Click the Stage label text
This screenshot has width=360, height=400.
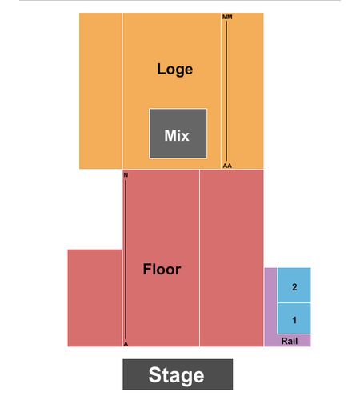pyautogui.click(x=176, y=375)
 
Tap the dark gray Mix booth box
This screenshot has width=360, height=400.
pyautogui.click(x=178, y=134)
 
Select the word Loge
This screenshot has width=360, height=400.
pyautogui.click(x=174, y=70)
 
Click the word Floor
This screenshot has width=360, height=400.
pyautogui.click(x=162, y=269)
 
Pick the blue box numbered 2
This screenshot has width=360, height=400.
pyautogui.click(x=294, y=286)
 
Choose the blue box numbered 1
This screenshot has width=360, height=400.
pyautogui.click(x=294, y=318)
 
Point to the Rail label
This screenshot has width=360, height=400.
pyautogui.click(x=290, y=341)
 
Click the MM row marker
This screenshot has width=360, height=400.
pyautogui.click(x=227, y=17)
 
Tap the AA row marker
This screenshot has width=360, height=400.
pyautogui.click(x=227, y=166)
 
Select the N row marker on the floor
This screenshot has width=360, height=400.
pyautogui.click(x=126, y=175)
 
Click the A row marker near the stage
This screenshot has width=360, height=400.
pyautogui.click(x=126, y=344)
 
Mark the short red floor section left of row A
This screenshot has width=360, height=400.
pyautogui.click(x=94, y=298)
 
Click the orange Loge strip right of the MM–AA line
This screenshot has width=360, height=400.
pyautogui.click(x=246, y=90)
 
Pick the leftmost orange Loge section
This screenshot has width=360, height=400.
pyautogui.click(x=101, y=90)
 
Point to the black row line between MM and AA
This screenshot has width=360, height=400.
pyautogui.click(x=226, y=91)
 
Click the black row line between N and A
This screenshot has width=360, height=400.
pyautogui.click(x=126, y=260)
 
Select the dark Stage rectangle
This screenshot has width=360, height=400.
pyautogui.click(x=178, y=374)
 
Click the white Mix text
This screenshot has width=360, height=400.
pyautogui.click(x=177, y=135)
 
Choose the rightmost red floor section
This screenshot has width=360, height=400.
pyautogui.click(x=232, y=258)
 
